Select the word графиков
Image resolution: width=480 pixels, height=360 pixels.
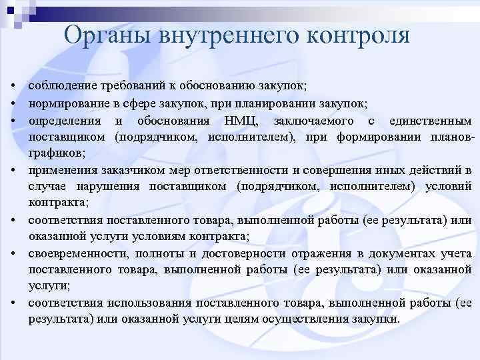(x=56, y=153)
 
